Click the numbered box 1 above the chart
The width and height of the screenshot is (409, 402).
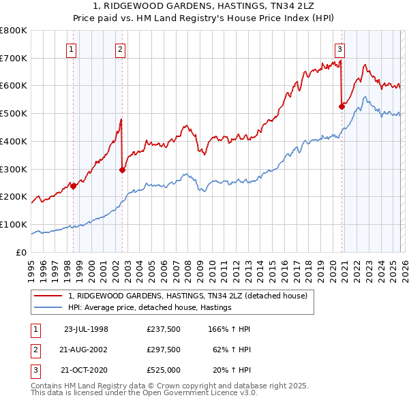pyautogui.click(x=72, y=48)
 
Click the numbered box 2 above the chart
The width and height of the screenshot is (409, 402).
pyautogui.click(x=120, y=48)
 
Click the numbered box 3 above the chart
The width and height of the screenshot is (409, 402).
pyautogui.click(x=339, y=48)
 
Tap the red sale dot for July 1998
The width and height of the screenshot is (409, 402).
pyautogui.click(x=74, y=186)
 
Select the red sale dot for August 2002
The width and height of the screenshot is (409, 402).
pyautogui.click(x=123, y=170)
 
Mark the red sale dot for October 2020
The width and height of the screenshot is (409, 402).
pyautogui.click(x=342, y=106)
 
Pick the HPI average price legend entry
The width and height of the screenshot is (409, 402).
pyautogui.click(x=151, y=307)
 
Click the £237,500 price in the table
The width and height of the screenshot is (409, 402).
pyautogui.click(x=164, y=329)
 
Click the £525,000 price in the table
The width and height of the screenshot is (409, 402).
pyautogui.click(x=164, y=370)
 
